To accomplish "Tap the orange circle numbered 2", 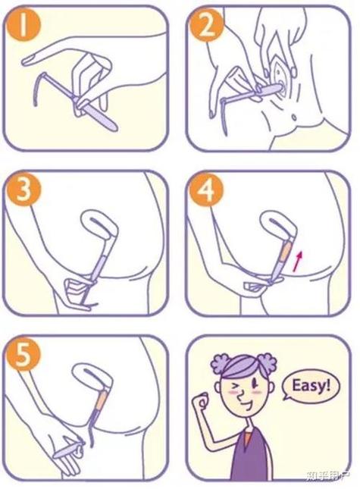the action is click(x=206, y=24).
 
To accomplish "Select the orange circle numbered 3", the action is click(x=23, y=189).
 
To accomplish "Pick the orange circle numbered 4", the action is click(x=206, y=189).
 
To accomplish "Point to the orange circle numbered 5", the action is click(x=23, y=354).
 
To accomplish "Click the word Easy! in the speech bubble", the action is click(x=311, y=386).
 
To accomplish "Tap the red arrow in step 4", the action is click(x=298, y=261).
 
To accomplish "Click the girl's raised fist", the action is click(x=202, y=402).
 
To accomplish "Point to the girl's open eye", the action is click(x=255, y=381).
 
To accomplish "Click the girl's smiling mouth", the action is click(x=249, y=405).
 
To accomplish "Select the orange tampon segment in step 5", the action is click(x=102, y=401).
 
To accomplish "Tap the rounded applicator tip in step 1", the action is click(x=114, y=127).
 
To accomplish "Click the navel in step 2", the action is click(x=293, y=118).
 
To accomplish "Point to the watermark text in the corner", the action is click(x=327, y=475).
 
